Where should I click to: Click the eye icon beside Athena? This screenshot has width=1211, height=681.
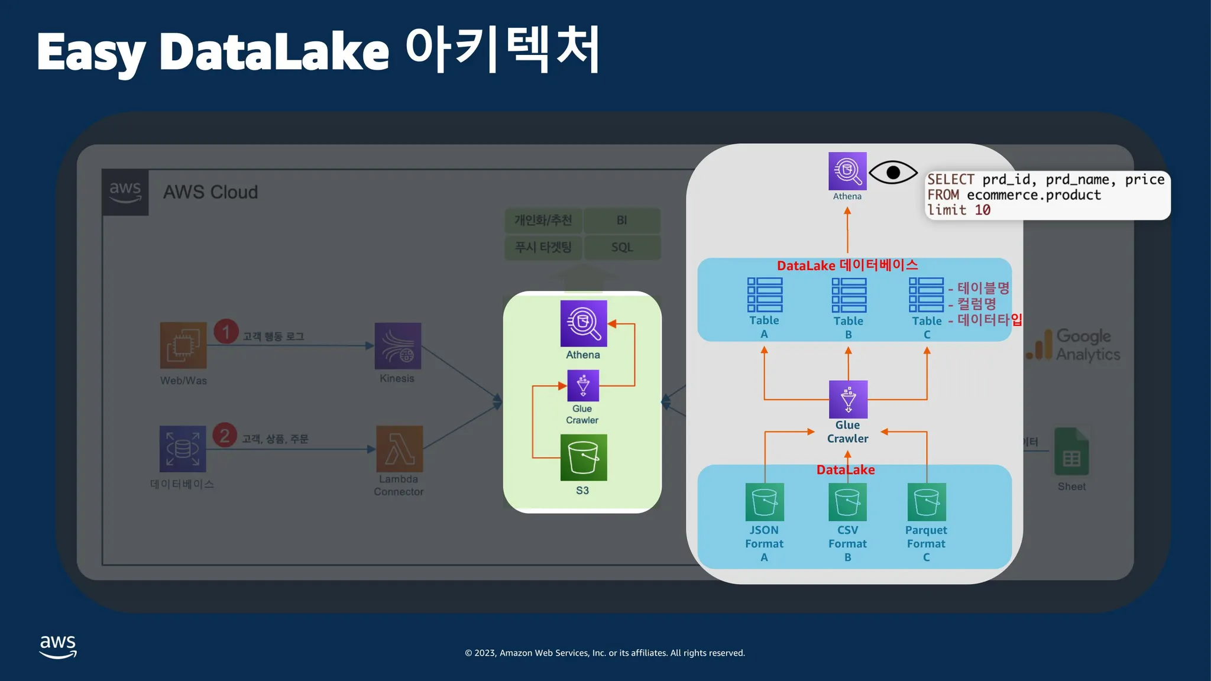pyautogui.click(x=893, y=173)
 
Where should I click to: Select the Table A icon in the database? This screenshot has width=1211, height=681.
pyautogui.click(x=765, y=295)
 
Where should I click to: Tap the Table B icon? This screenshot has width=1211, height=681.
pyautogui.click(x=849, y=295)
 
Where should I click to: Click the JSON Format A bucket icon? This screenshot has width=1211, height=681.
pyautogui.click(x=765, y=502)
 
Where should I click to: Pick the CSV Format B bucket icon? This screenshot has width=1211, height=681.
pyautogui.click(x=847, y=502)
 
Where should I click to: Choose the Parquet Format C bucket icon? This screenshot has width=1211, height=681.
pyautogui.click(x=927, y=502)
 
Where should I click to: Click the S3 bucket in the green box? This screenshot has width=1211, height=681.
pyautogui.click(x=583, y=458)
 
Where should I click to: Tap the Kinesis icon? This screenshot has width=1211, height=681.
pyautogui.click(x=398, y=346)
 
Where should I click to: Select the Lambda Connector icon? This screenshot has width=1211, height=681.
pyautogui.click(x=400, y=449)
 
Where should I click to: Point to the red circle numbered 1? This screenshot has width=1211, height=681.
pyautogui.click(x=226, y=332)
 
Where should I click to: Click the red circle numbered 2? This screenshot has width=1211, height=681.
pyautogui.click(x=225, y=436)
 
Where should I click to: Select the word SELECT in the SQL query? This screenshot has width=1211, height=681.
pyautogui.click(x=950, y=180)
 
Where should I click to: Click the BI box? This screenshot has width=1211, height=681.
pyautogui.click(x=621, y=220)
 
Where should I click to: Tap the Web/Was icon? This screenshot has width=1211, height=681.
pyautogui.click(x=183, y=345)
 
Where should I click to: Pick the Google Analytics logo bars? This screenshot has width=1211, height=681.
pyautogui.click(x=1040, y=345)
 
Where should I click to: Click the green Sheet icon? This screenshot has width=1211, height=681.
pyautogui.click(x=1071, y=452)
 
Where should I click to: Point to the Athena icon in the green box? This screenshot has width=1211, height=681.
pyautogui.click(x=584, y=323)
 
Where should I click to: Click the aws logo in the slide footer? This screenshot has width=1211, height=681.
pyautogui.click(x=58, y=646)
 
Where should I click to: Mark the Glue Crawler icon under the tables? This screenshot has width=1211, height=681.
pyautogui.click(x=848, y=399)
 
